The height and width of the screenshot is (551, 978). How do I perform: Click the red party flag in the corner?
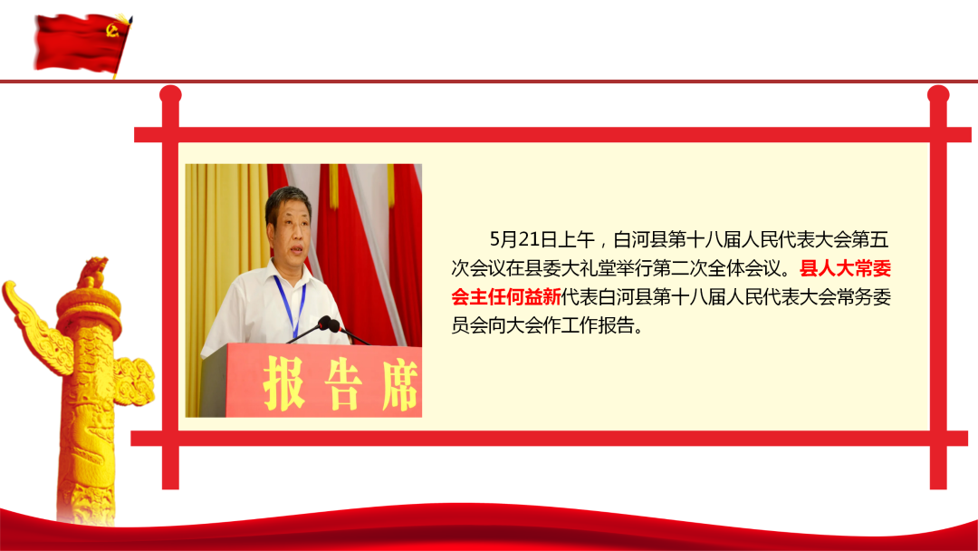pos(82,43)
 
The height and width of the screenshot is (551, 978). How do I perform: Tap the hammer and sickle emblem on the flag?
pos(112,29)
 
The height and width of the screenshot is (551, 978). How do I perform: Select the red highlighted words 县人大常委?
pos(845,268)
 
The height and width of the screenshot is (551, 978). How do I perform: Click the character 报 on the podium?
pos(283,382)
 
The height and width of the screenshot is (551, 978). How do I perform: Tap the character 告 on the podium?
pos(343,383)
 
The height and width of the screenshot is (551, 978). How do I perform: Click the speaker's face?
pos(290,232)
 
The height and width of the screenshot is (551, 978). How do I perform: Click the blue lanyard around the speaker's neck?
pos(290,305)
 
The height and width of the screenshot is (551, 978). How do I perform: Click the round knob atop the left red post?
pos(170,95)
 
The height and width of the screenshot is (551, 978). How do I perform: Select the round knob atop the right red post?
pos(938,95)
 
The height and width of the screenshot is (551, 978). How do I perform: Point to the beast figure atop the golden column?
pos(92,273)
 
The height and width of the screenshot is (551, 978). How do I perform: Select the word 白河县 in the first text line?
pos(640,239)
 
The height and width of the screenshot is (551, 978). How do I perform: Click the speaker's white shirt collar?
pos(290,272)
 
